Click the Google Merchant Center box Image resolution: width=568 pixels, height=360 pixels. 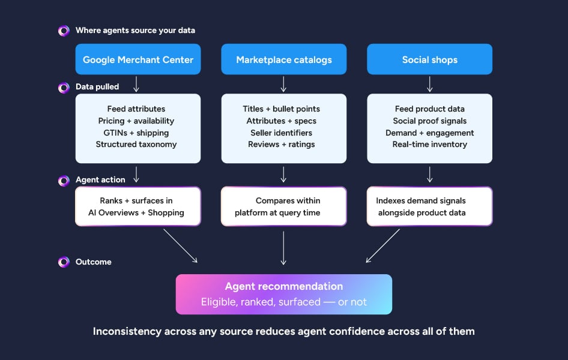[137, 59]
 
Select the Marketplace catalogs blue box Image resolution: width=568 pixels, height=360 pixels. [283, 59]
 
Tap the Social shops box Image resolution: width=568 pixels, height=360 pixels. [429, 59]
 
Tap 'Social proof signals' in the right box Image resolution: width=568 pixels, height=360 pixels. [429, 121]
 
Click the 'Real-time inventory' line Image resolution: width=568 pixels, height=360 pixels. [429, 144]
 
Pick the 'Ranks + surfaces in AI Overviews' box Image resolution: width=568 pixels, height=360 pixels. [137, 206]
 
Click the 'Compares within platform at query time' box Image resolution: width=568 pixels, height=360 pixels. [283, 206]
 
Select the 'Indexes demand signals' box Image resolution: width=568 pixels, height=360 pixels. [429, 206]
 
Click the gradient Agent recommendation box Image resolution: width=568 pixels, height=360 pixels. [283, 294]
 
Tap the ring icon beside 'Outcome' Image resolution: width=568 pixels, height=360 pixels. [64, 262]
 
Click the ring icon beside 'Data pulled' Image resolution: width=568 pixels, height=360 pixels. [64, 88]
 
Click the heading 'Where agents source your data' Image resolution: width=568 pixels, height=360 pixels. [135, 31]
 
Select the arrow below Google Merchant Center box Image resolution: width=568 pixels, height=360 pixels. [136, 83]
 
